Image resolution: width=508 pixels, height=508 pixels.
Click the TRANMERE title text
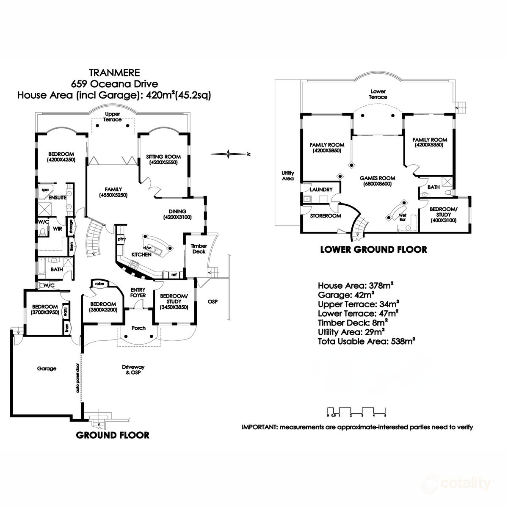click(113, 72)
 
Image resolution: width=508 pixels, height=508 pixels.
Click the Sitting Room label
click(160, 157)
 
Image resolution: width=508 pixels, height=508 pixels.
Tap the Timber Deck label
click(199, 248)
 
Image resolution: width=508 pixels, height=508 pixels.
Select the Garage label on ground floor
click(47, 368)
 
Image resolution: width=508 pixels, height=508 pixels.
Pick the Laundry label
click(321, 190)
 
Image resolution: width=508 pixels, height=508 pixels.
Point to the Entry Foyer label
click(138, 292)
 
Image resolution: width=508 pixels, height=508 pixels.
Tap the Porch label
click(138, 328)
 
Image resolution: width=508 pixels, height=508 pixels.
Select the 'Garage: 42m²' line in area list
click(345, 294)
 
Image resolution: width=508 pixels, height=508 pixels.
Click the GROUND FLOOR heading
click(112, 435)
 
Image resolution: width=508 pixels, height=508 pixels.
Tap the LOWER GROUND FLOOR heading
click(373, 249)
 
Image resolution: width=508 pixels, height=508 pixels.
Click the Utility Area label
click(287, 176)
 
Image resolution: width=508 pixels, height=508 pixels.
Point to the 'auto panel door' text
click(78, 378)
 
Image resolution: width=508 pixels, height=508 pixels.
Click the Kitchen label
click(141, 254)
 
